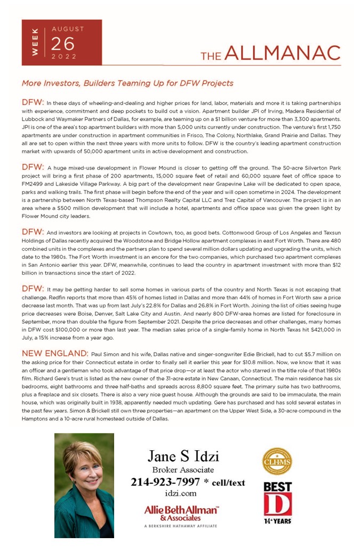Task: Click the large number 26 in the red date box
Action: [x=63, y=44]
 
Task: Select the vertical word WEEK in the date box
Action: [x=35, y=43]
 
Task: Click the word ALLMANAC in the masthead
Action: [x=283, y=53]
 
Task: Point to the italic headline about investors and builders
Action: [x=127, y=84]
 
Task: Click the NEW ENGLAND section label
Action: [x=54, y=354]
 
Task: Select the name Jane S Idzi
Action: [x=183, y=457]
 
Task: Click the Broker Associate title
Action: [x=183, y=470]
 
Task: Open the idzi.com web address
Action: [x=181, y=494]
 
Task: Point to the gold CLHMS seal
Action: [x=277, y=461]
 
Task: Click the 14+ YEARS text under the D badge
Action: [x=277, y=521]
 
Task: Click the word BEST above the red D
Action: [x=277, y=486]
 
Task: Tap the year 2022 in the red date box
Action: [x=64, y=57]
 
